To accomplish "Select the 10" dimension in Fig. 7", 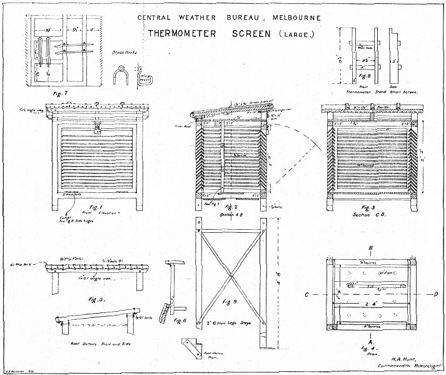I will click(48, 29).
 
